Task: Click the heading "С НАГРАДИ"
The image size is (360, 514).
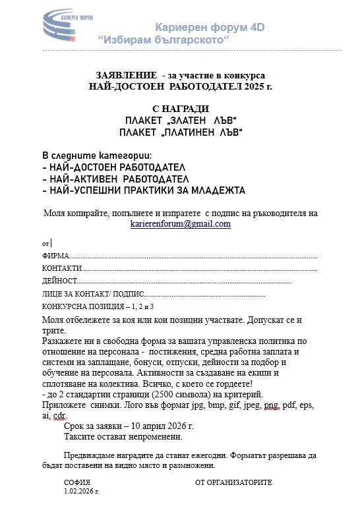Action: tap(180, 109)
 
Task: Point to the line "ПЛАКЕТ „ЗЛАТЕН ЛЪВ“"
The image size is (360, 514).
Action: tap(180, 121)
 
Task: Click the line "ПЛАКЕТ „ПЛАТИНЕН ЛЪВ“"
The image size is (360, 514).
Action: tap(180, 133)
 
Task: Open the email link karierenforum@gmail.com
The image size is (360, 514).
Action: tap(181, 224)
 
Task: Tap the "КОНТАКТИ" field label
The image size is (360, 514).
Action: tap(61, 269)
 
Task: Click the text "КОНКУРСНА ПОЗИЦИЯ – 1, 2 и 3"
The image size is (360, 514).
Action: tap(98, 307)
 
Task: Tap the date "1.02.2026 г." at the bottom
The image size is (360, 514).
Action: tap(81, 492)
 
